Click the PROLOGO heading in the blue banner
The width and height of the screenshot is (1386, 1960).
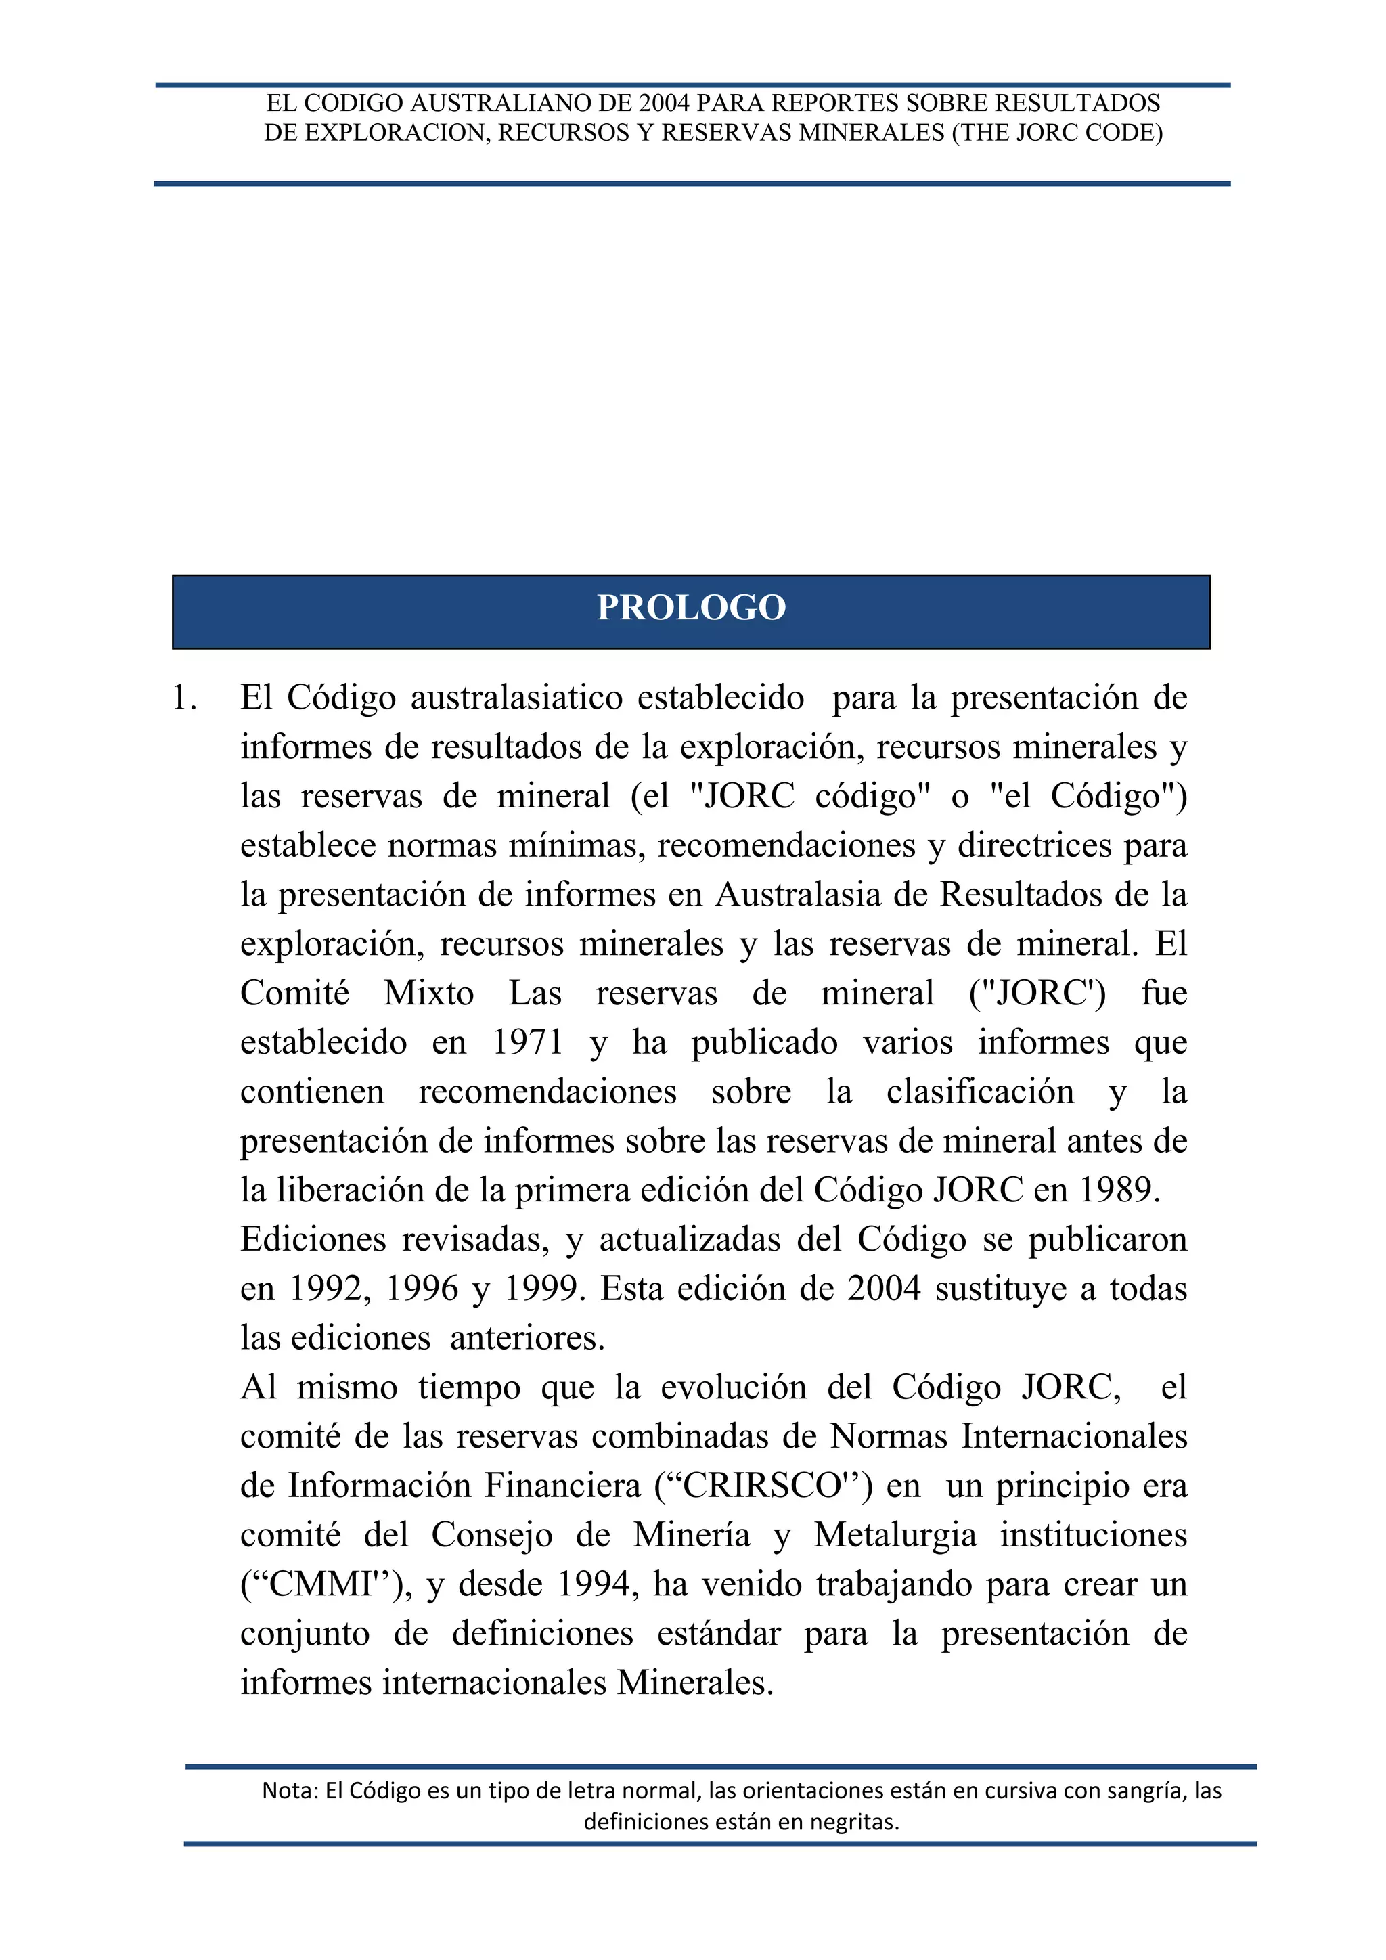(x=691, y=608)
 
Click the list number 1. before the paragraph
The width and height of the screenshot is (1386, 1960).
(x=184, y=698)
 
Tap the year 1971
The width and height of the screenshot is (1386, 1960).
(x=527, y=1042)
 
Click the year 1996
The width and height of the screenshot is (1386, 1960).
(x=422, y=1288)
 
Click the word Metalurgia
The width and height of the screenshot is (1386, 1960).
(x=895, y=1535)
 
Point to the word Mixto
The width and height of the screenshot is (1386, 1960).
(x=428, y=994)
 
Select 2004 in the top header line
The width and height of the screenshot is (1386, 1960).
(x=664, y=104)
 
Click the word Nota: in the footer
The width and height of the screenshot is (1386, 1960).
(x=290, y=1791)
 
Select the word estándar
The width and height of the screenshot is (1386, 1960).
(x=719, y=1633)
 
